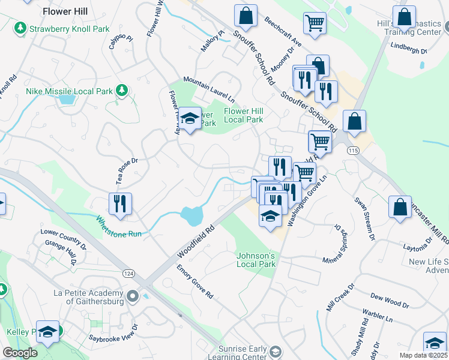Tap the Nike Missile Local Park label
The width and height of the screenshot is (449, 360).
coord(70,92)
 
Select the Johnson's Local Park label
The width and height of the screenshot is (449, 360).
coord(256,260)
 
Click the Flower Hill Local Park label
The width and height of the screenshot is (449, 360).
coord(244,115)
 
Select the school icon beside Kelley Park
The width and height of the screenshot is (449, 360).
coord(47,332)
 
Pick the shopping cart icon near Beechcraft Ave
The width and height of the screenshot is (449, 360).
coord(315,23)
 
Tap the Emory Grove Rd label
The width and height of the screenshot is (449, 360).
coord(195,282)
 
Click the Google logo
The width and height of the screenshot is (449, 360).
coord(20,353)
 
